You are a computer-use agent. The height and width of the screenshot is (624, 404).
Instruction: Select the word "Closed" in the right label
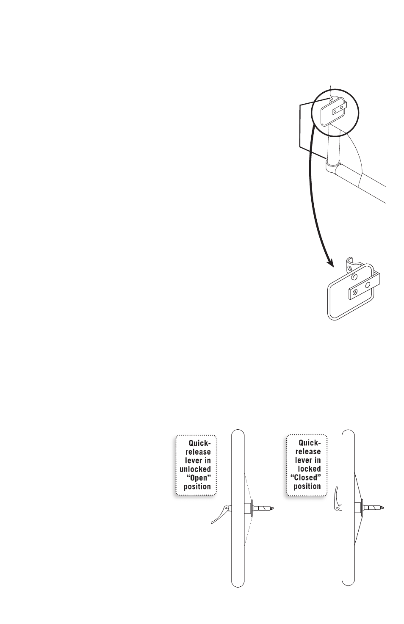click(x=304, y=478)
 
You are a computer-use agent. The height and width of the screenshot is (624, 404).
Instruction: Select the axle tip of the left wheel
click(x=274, y=507)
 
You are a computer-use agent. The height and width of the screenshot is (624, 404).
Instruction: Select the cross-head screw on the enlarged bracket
click(x=355, y=292)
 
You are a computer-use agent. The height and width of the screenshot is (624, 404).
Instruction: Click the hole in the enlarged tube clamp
click(x=350, y=267)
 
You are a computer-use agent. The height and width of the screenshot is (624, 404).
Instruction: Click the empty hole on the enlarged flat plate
click(x=368, y=285)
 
